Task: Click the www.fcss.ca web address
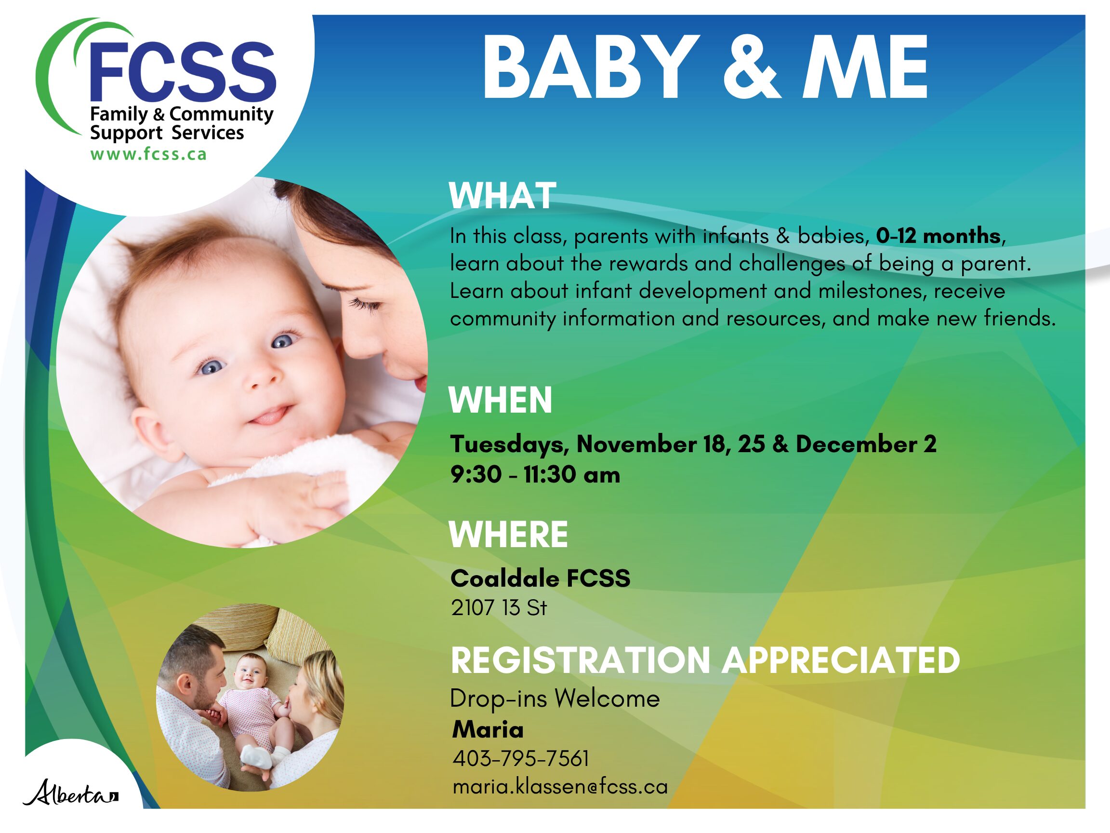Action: pyautogui.click(x=148, y=154)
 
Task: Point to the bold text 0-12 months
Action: pyautogui.click(x=938, y=236)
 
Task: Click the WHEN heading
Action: pyautogui.click(x=500, y=400)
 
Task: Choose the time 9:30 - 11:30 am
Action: pyautogui.click(x=535, y=474)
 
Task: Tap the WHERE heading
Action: pyautogui.click(x=508, y=535)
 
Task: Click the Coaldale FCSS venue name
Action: pyautogui.click(x=541, y=578)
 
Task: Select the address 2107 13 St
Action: pyautogui.click(x=499, y=608)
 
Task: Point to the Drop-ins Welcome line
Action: pyautogui.click(x=555, y=699)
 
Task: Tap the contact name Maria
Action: pyautogui.click(x=488, y=729)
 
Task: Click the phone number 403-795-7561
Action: pyautogui.click(x=521, y=759)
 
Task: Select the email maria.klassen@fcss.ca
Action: pyautogui.click(x=560, y=787)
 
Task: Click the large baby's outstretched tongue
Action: pyautogui.click(x=271, y=416)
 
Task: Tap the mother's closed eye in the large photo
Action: pyautogui.click(x=362, y=303)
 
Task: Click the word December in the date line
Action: pyautogui.click(x=857, y=444)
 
